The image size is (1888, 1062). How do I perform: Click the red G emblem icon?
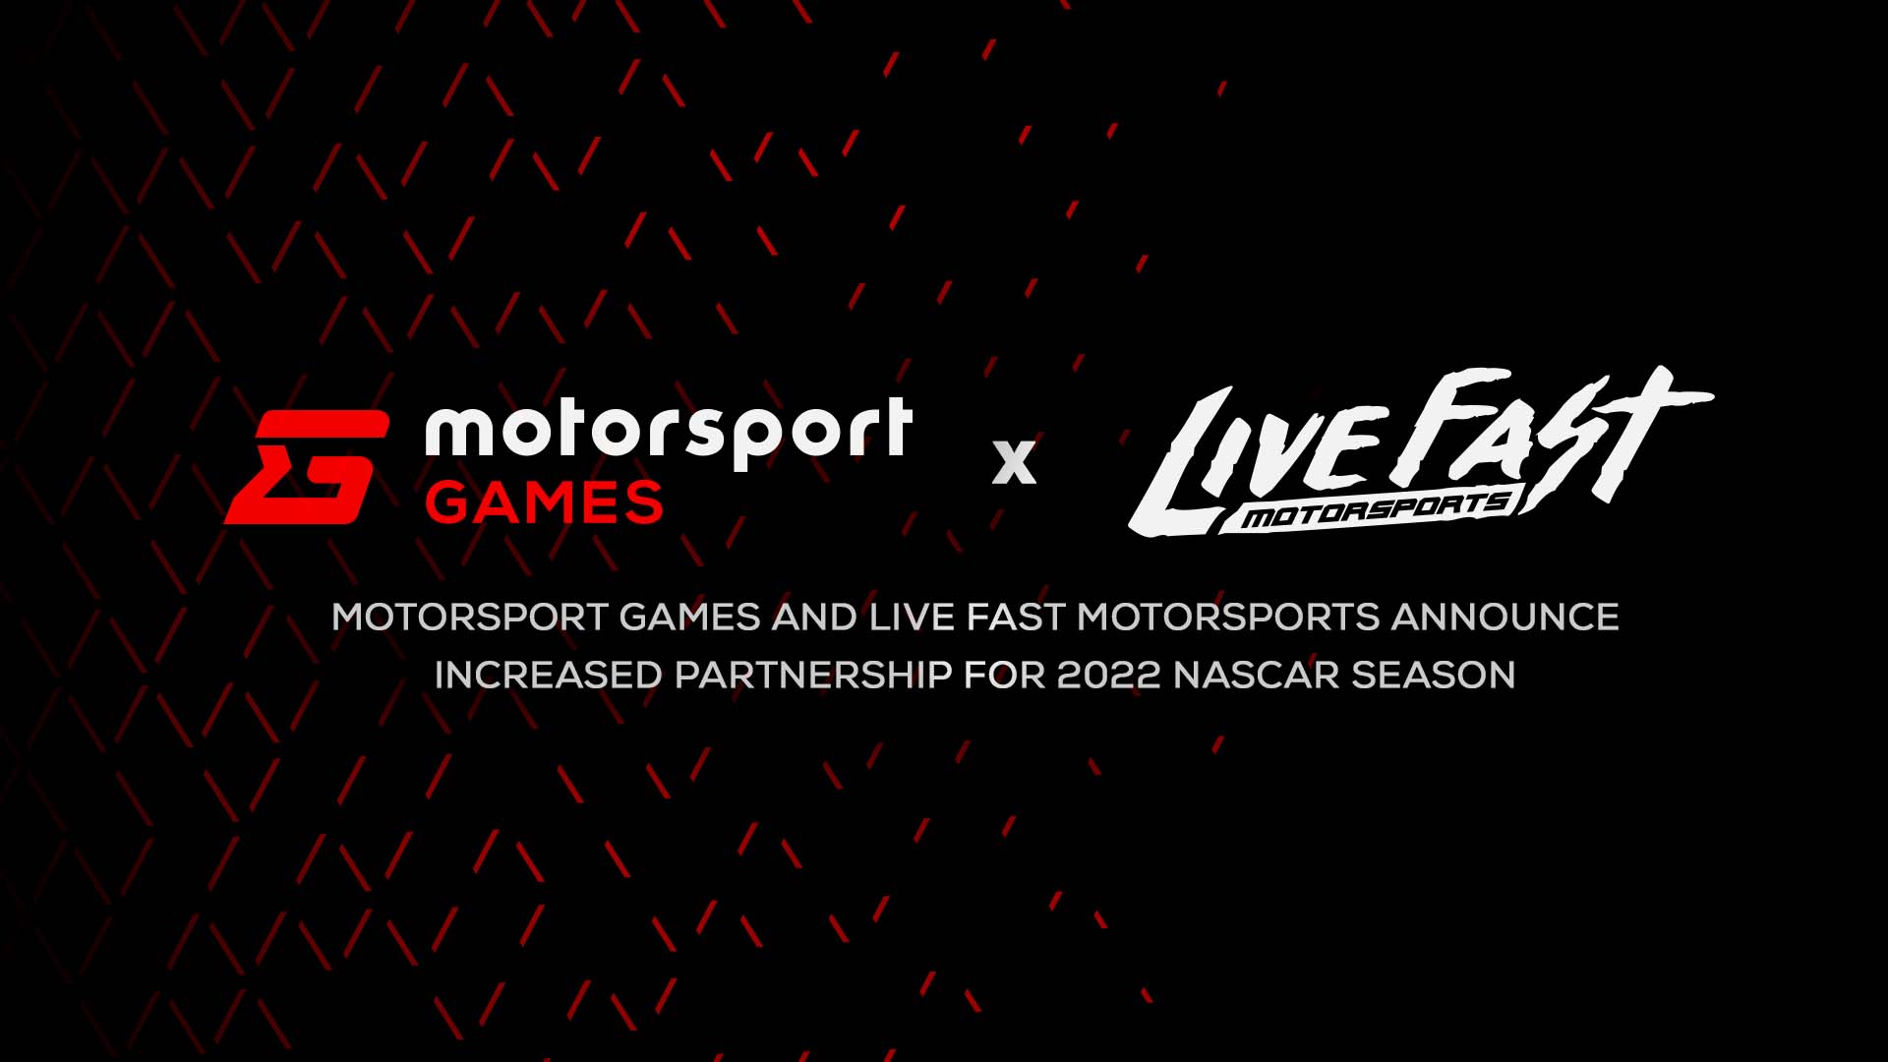click(307, 467)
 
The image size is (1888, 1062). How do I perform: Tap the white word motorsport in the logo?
click(669, 433)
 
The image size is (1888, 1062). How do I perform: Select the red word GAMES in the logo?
click(544, 502)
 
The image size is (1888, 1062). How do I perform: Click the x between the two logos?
click(1014, 462)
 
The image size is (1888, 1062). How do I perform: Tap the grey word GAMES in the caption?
click(689, 618)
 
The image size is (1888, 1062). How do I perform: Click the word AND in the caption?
click(815, 618)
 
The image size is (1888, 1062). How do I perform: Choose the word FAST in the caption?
click(1016, 618)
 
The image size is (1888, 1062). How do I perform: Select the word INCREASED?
click(549, 676)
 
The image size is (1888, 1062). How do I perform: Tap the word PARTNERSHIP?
click(813, 676)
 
